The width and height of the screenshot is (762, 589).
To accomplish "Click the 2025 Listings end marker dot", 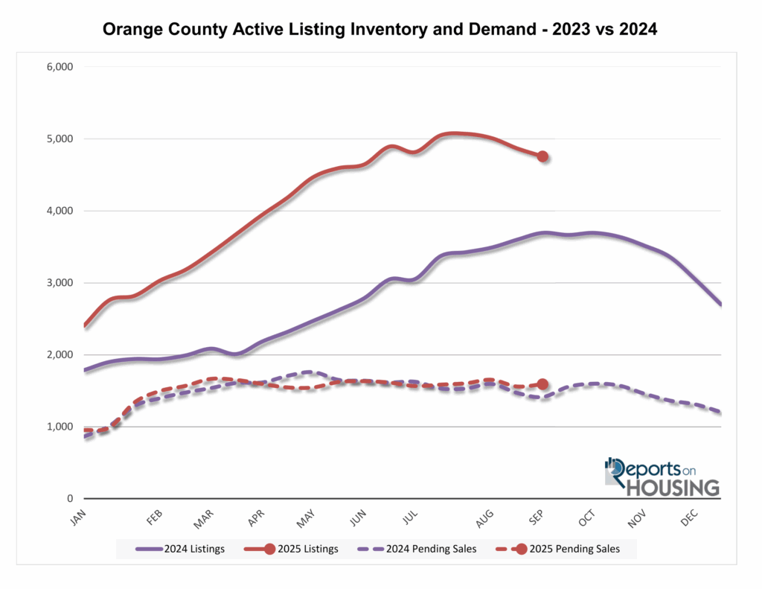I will coord(542,156).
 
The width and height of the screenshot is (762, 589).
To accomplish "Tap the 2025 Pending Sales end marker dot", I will coord(542,384).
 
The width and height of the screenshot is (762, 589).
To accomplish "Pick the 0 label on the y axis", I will coord(68,499).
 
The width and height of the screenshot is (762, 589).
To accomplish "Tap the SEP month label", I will coord(534,518).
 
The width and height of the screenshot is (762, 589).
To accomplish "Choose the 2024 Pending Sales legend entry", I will coord(424,549).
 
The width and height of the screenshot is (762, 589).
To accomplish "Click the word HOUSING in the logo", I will coord(673,487).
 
